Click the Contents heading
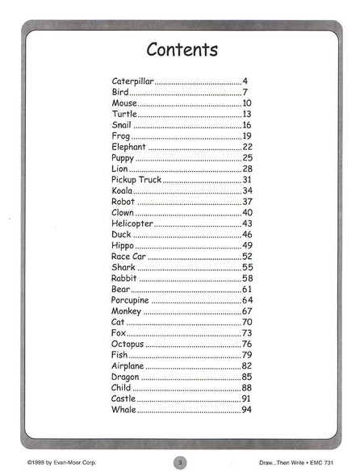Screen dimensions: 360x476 [x=182, y=50]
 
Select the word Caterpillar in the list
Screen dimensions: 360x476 [x=132, y=81]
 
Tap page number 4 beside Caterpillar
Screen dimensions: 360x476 [x=245, y=81]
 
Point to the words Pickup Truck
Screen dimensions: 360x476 [x=136, y=179]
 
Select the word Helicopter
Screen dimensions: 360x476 [x=132, y=223]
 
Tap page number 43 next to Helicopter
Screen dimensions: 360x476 [x=247, y=223]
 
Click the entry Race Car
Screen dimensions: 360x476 [x=128, y=256]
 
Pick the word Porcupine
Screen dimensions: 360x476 [x=131, y=300]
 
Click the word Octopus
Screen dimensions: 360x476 [x=128, y=344]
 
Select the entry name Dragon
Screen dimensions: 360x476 [x=125, y=377]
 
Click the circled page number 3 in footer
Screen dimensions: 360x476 [x=180, y=462]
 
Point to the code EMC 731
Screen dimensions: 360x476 [x=338, y=463]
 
